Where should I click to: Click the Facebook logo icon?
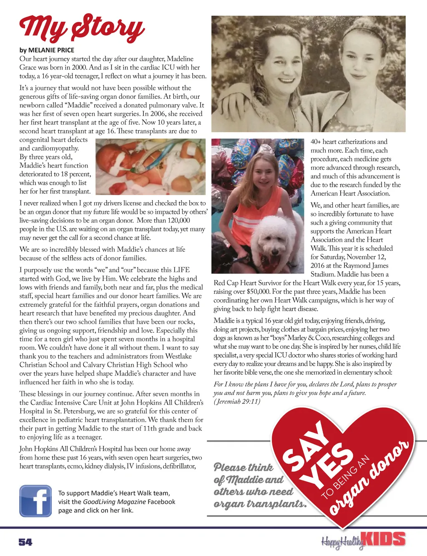pyautogui.click(x=35, y=501)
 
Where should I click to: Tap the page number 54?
pyautogui.click(x=25, y=542)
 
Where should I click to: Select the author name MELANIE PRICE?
pyautogui.click(x=51, y=50)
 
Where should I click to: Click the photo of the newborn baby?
pyautogui.click(x=150, y=166)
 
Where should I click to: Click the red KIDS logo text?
pyautogui.click(x=383, y=539)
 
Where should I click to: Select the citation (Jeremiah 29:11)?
pyautogui.click(x=237, y=401)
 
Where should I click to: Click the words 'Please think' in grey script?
pyautogui.click(x=244, y=467)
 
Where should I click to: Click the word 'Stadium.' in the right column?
pyautogui.click(x=323, y=274)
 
